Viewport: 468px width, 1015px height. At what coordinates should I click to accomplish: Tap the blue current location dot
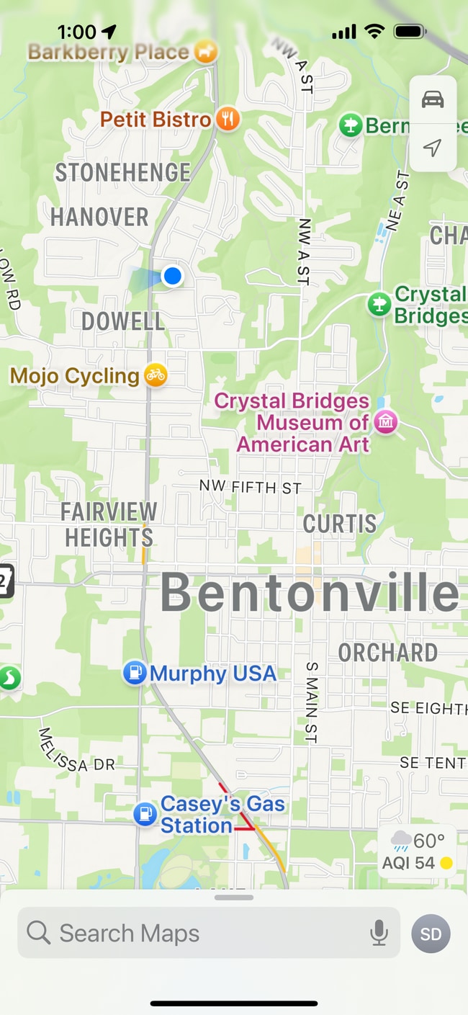click(172, 276)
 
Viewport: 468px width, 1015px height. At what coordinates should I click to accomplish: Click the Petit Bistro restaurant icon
click(228, 119)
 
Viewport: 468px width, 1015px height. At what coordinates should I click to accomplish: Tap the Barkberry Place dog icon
click(206, 52)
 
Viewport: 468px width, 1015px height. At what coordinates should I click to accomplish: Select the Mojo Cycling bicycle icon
click(155, 375)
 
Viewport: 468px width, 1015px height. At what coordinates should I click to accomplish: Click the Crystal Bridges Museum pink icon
click(386, 422)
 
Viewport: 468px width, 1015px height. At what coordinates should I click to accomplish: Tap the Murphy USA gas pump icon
click(135, 673)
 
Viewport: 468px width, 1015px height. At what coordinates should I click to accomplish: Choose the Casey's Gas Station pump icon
click(145, 815)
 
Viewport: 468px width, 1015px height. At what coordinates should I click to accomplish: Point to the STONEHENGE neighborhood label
click(123, 173)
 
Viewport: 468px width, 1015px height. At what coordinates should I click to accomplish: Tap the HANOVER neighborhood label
click(99, 217)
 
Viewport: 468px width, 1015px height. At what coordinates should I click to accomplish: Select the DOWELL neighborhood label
click(123, 321)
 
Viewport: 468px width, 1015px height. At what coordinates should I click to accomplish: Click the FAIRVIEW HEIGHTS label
click(109, 524)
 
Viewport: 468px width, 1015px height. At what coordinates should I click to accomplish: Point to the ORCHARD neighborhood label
click(388, 653)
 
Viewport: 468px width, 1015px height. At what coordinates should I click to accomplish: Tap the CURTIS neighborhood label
click(339, 524)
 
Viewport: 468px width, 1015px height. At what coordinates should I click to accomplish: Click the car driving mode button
click(433, 99)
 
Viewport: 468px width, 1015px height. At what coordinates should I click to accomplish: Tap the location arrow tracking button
click(432, 148)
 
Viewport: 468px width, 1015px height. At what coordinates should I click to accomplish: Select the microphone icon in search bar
click(379, 933)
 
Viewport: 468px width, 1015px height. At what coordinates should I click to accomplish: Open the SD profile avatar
click(431, 934)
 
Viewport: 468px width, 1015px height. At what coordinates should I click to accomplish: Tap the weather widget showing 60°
click(417, 851)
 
